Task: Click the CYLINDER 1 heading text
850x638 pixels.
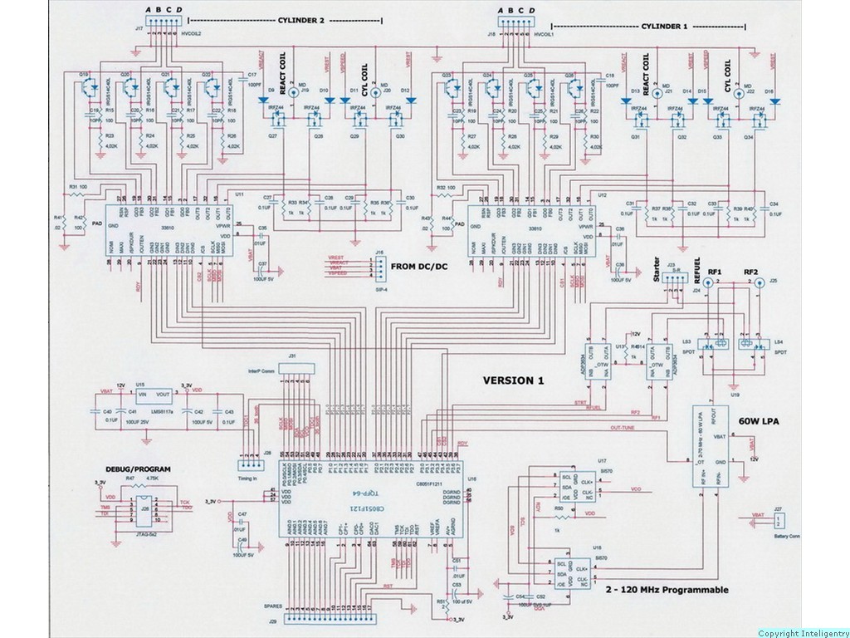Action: coord(663,27)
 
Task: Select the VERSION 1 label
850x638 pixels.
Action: coord(513,380)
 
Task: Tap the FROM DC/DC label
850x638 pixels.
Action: coord(416,267)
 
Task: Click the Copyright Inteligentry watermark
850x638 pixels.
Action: coord(802,633)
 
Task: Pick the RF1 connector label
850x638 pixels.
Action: coord(715,272)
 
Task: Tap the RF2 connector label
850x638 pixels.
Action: coord(752,272)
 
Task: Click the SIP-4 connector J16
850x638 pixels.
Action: coord(379,267)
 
